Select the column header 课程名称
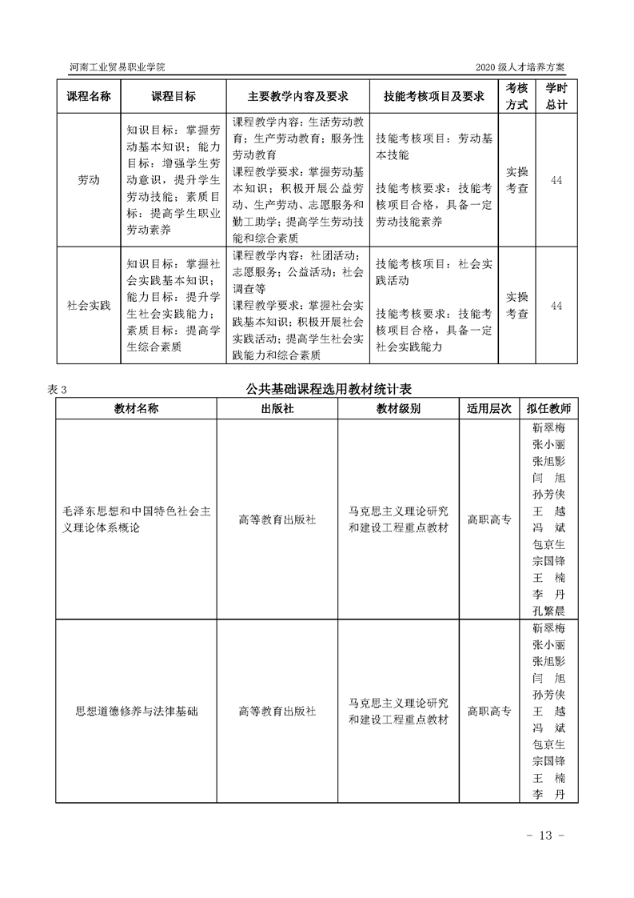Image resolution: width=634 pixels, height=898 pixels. point(88,96)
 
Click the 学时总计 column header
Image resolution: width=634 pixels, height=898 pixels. point(556,96)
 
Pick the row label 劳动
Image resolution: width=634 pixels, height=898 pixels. point(88,180)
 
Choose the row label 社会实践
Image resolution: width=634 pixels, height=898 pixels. point(88,306)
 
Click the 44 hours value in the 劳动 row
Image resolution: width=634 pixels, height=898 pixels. point(556,180)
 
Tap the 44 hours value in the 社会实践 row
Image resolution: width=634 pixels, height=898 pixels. point(556,306)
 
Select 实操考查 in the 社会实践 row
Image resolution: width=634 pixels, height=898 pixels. point(517,306)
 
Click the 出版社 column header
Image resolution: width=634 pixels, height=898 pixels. point(277,408)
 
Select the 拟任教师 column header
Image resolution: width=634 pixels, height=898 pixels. point(548,408)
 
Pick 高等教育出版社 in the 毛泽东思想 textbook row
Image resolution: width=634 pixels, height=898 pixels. point(277,519)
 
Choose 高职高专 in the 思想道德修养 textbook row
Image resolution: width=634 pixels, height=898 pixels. point(489,710)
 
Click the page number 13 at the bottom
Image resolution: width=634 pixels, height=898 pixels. point(547,836)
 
